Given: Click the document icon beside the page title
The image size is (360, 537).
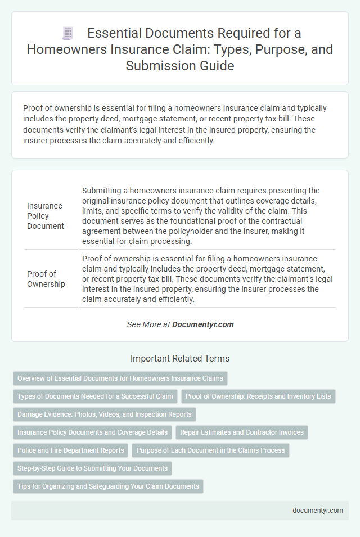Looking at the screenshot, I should click(67, 33).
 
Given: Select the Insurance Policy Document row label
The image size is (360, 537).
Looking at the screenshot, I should click(46, 216).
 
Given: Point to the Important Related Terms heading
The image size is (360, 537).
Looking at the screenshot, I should click(180, 358).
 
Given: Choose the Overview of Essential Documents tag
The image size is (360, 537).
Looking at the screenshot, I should click(120, 378).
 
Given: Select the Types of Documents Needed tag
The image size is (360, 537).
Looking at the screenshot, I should click(95, 396).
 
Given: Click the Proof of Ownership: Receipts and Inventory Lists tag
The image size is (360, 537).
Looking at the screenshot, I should click(258, 396).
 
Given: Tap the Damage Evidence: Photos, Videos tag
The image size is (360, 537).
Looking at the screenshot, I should click(104, 414).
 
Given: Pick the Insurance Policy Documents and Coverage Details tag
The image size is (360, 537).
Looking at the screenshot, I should click(92, 432).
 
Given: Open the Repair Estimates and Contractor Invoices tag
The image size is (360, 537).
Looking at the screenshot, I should click(242, 432).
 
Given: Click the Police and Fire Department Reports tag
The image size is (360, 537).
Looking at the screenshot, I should click(71, 450).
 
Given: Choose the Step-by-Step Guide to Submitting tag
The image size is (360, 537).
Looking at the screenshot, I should click(92, 468).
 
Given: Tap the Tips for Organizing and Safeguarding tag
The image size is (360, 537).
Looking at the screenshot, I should click(108, 486).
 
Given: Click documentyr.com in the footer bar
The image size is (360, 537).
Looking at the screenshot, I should click(317, 511).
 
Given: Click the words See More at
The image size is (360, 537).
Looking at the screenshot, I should click(148, 324).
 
